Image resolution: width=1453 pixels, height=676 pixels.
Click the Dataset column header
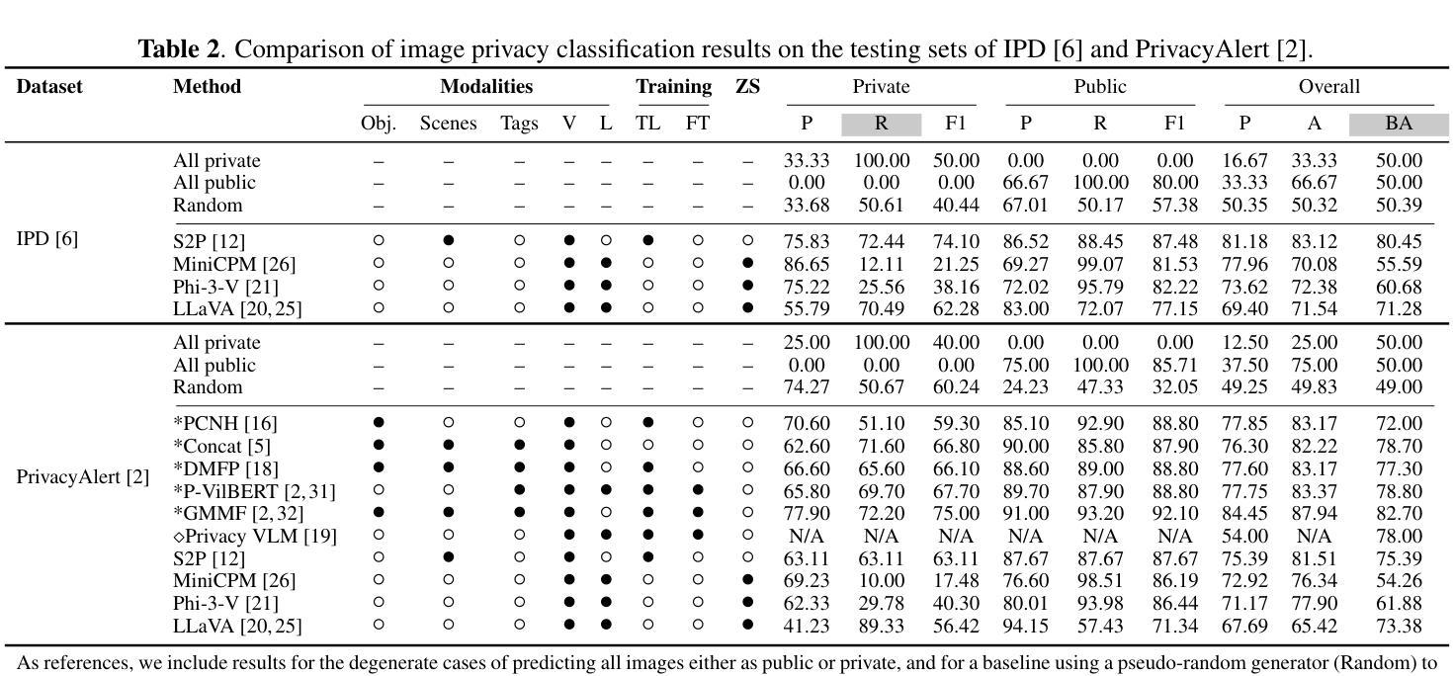click(x=49, y=87)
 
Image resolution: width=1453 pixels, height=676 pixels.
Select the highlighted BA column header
click(x=1398, y=124)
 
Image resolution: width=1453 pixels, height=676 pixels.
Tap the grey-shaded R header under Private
click(x=881, y=124)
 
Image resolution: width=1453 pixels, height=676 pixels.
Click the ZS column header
click(x=747, y=87)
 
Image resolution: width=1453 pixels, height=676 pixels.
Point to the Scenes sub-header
click(x=448, y=124)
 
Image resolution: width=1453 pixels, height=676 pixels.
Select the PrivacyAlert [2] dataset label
click(x=83, y=476)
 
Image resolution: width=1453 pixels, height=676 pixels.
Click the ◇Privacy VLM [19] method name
click(x=255, y=536)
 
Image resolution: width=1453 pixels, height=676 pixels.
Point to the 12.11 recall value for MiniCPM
click(x=881, y=264)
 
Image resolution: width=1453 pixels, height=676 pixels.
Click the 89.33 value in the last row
click(x=881, y=626)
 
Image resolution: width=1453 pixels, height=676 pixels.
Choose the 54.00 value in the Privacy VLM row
click(x=1244, y=536)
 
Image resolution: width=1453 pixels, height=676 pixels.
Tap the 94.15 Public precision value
click(x=1025, y=626)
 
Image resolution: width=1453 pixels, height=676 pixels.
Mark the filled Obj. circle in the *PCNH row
click(x=378, y=423)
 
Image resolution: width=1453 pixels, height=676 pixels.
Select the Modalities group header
click(x=486, y=87)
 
